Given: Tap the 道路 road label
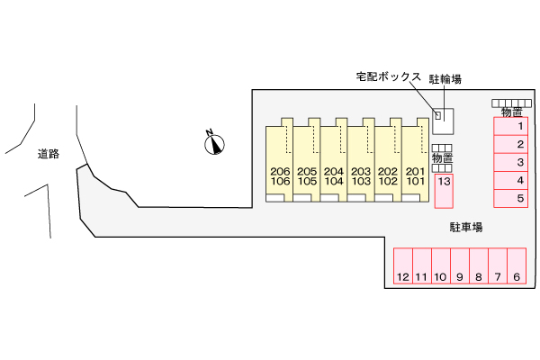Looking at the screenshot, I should click(x=49, y=154).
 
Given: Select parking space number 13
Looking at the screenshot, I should click(x=444, y=190).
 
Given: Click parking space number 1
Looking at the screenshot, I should click(x=509, y=127).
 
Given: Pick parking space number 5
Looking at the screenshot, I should click(x=509, y=198).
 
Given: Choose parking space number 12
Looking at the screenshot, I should click(x=402, y=267).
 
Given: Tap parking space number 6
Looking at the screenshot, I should click(x=517, y=267).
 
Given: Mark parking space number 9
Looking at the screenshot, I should click(x=460, y=267).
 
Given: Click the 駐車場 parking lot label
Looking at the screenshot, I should click(x=466, y=228).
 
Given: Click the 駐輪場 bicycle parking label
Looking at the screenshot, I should click(x=445, y=79).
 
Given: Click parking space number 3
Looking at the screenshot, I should click(x=509, y=162).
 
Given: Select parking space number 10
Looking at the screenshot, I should click(x=440, y=267).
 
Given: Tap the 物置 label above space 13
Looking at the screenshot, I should click(x=443, y=158).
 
